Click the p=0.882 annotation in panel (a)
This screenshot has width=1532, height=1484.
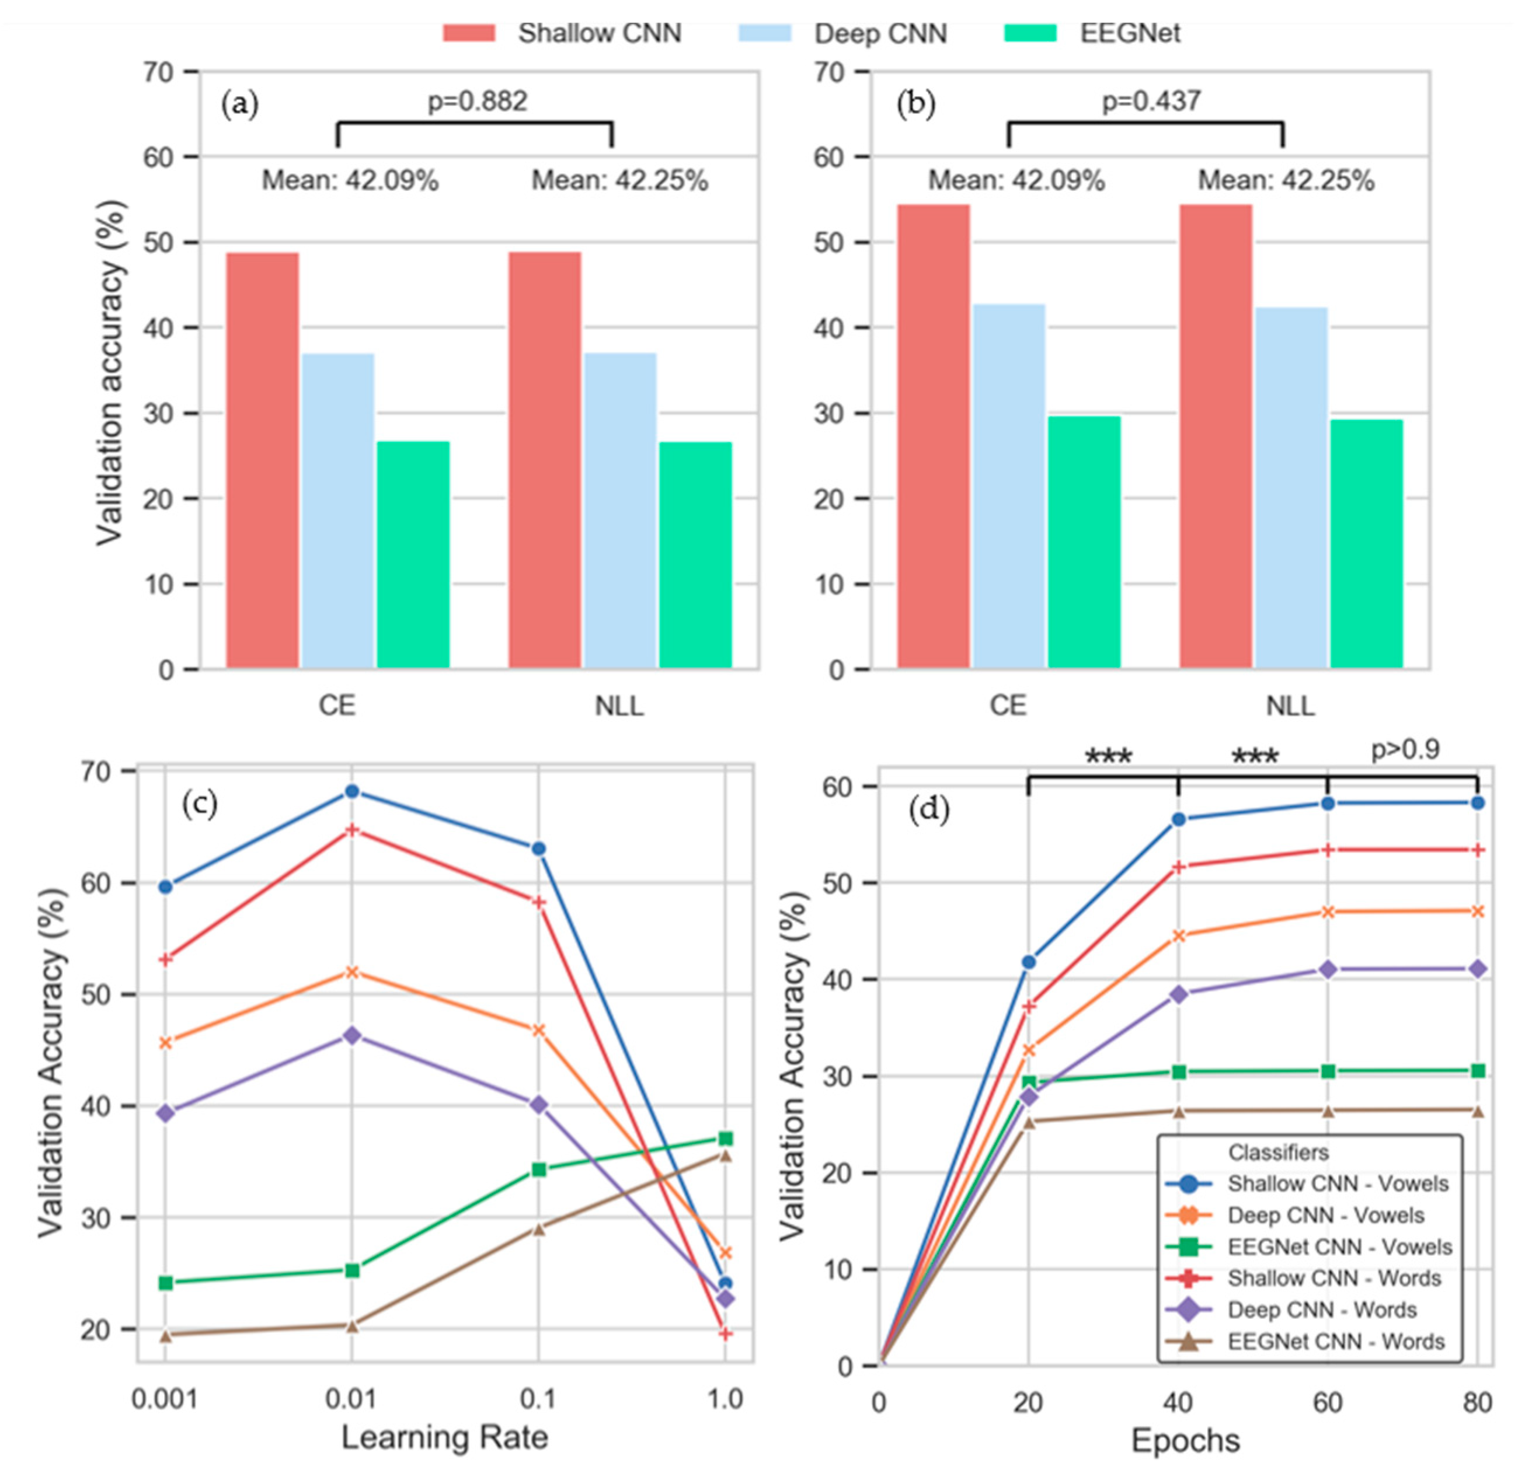[477, 102]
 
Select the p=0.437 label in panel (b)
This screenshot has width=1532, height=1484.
[1151, 102]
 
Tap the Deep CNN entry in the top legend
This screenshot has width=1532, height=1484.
[880, 34]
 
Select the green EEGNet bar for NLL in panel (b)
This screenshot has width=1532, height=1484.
[1367, 544]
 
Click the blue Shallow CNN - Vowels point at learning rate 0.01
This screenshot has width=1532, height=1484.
[351, 792]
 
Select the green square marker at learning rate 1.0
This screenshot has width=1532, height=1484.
[725, 1139]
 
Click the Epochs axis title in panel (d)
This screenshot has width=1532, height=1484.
[1185, 1441]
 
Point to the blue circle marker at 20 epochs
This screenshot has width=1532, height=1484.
[1029, 962]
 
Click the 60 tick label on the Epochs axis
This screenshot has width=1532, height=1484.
[1327, 1403]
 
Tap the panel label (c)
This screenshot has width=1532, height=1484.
[199, 804]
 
